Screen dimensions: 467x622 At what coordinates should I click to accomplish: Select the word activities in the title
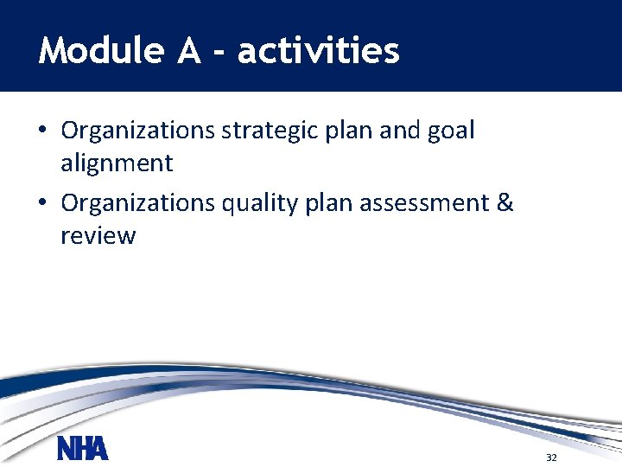coord(319,52)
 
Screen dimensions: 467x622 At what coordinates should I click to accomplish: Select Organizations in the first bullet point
coord(138,131)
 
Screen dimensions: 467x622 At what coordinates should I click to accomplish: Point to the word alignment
coord(117,163)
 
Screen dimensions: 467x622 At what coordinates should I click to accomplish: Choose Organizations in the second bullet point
coord(138,203)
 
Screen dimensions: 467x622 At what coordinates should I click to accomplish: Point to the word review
coord(98,236)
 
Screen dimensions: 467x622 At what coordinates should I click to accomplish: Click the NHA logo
coord(83,449)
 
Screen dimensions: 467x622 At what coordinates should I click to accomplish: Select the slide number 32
coord(551,457)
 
